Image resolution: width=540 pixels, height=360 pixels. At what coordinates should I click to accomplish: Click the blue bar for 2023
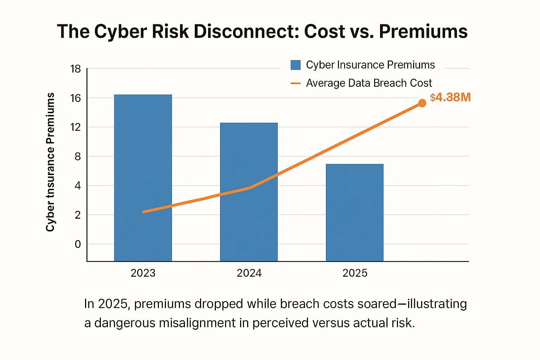143,178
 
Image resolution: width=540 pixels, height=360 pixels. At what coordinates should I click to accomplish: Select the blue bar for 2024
249,192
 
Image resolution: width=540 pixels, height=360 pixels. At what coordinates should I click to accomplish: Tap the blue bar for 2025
354,212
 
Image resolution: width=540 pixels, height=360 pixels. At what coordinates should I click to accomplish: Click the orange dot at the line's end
422,103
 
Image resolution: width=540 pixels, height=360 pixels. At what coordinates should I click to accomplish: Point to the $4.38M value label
450,97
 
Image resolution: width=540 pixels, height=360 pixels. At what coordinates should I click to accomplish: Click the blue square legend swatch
295,65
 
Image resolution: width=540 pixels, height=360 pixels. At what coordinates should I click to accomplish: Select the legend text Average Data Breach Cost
369,83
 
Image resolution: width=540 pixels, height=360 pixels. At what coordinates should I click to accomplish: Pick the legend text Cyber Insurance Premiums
370,65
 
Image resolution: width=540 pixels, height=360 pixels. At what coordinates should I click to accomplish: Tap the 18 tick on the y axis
76,69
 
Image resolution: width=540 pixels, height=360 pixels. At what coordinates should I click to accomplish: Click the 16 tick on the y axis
76,98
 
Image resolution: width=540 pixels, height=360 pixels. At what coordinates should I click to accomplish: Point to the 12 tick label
76,127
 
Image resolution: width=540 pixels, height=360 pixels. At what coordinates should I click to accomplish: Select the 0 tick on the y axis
78,244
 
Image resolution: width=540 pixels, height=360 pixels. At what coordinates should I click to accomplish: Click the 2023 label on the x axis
143,273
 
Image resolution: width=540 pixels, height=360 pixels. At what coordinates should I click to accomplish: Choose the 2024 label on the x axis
249,273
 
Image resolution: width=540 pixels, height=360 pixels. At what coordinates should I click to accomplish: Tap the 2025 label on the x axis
355,273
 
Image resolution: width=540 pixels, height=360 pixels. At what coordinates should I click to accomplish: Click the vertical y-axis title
50,162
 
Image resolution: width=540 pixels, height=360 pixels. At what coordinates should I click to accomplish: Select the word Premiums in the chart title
423,31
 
